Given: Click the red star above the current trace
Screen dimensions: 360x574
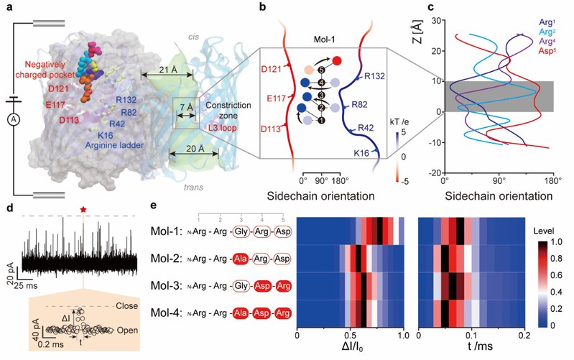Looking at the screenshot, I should coord(83,208).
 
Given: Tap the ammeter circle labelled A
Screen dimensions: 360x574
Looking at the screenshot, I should coord(11,121).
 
